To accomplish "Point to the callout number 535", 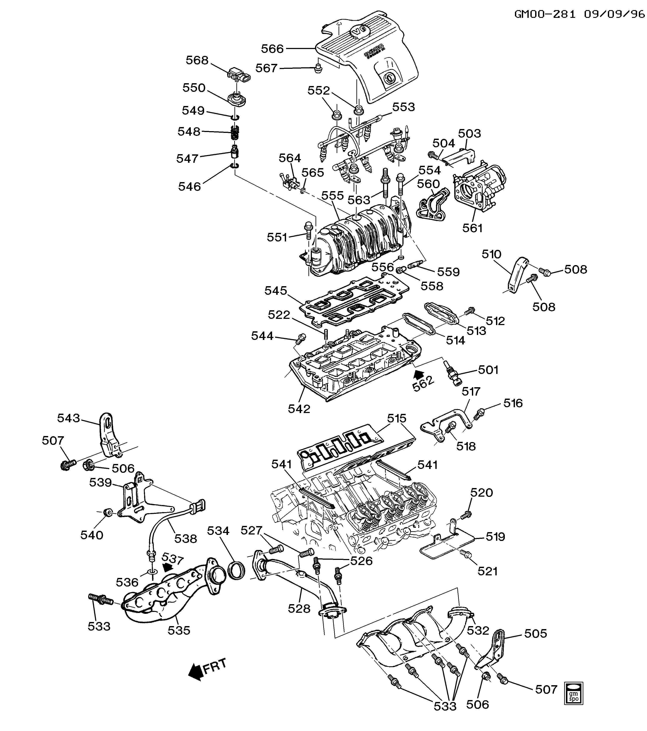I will (x=179, y=630).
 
